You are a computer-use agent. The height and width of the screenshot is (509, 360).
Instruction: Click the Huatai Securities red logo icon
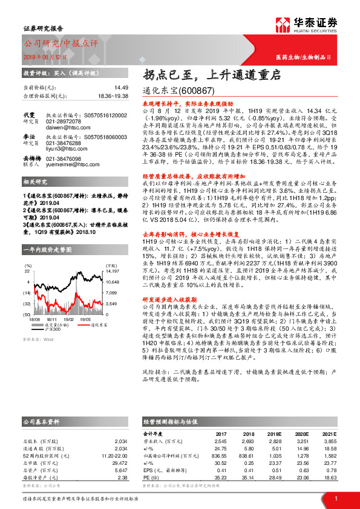[283, 26]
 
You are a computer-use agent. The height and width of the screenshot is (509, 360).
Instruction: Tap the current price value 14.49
[103, 88]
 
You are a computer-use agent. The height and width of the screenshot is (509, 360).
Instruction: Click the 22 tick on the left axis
[27, 272]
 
